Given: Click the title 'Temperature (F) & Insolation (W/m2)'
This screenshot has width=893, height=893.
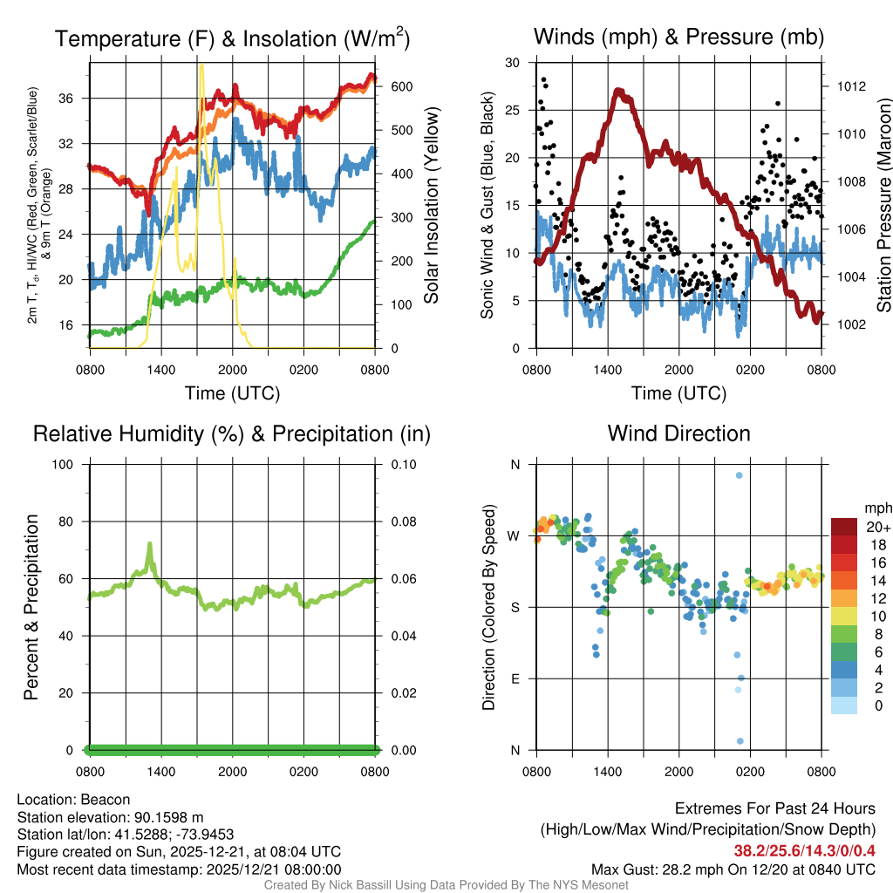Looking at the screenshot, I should pos(232,38).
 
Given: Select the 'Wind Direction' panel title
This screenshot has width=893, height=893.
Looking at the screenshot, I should pos(678,433).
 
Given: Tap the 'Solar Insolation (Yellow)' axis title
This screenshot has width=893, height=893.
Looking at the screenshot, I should pos(432,205).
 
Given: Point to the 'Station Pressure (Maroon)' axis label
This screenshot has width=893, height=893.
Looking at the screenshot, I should pos(883,206).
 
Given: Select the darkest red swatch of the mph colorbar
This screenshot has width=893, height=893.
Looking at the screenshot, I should pos(843,527).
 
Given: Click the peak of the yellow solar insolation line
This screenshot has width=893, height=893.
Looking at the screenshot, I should pos(201,65).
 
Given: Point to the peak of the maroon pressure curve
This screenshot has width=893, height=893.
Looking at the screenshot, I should pos(618,90).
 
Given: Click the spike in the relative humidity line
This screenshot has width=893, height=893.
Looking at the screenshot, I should pos(150,544).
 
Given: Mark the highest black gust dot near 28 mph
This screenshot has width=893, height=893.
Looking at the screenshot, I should pos(544,79).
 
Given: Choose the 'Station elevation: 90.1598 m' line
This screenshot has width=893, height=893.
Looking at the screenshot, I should pos(110,817).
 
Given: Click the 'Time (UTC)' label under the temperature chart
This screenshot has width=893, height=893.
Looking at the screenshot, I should pos(232,393).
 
